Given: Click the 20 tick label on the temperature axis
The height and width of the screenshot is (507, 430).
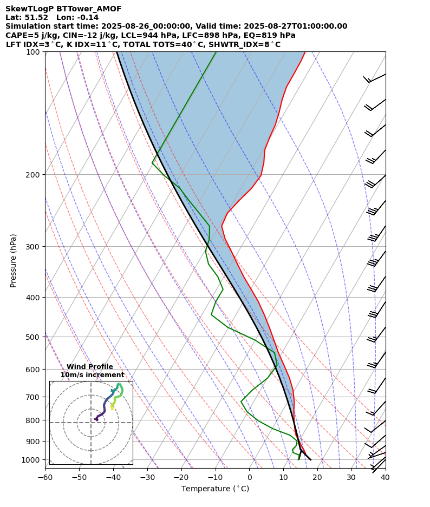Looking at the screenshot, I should (x=317, y=477).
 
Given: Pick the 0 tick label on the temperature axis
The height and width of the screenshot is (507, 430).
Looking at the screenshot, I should (x=250, y=477).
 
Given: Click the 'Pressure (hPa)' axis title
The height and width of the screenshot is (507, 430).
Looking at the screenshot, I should (x=14, y=260).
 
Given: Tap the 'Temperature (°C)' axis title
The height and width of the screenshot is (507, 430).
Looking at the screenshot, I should (x=215, y=489).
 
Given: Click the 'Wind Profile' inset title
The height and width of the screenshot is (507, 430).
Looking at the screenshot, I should (x=90, y=367).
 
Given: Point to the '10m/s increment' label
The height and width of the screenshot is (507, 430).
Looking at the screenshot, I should (x=92, y=375).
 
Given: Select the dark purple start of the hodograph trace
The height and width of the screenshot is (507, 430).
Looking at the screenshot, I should (x=96, y=419).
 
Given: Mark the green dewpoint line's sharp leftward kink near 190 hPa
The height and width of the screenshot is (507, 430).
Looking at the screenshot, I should (x=152, y=163).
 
